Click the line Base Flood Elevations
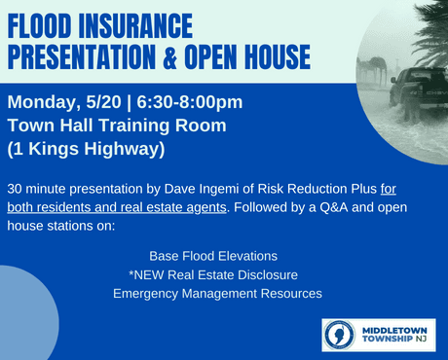(213, 256)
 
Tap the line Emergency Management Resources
(217, 293)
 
